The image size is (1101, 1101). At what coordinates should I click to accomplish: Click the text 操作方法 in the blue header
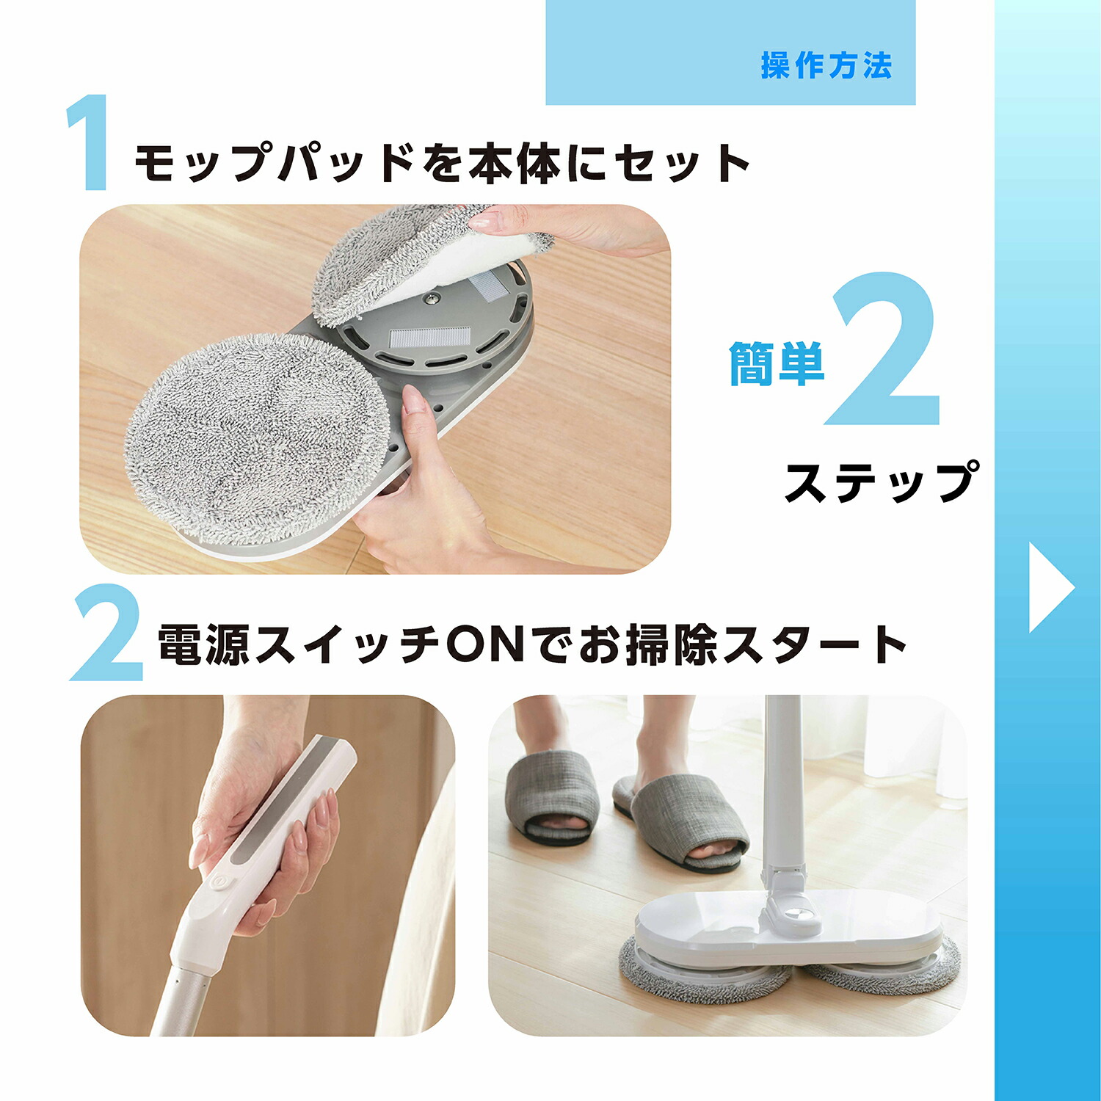826,66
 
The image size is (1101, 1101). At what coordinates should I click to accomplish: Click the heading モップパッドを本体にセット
442,163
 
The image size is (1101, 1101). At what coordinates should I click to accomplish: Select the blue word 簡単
777,363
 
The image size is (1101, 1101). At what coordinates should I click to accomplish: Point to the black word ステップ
882,482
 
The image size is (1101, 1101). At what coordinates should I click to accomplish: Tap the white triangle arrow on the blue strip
1050,587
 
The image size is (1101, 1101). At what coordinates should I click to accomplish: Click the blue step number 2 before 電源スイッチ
106,633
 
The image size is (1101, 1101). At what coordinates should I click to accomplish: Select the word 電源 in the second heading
205,644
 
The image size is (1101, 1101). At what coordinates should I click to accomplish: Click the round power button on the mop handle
219,881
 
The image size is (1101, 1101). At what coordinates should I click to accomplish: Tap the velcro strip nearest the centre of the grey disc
429,337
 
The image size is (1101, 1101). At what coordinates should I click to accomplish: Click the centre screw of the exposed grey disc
433,297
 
